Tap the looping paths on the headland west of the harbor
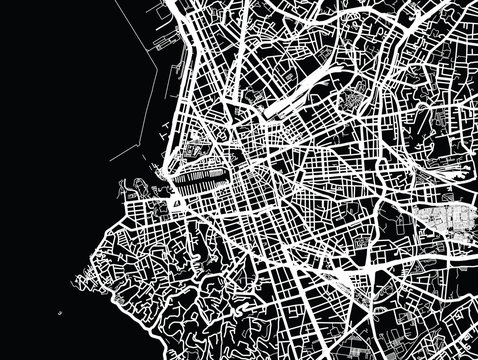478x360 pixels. [135, 189]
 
